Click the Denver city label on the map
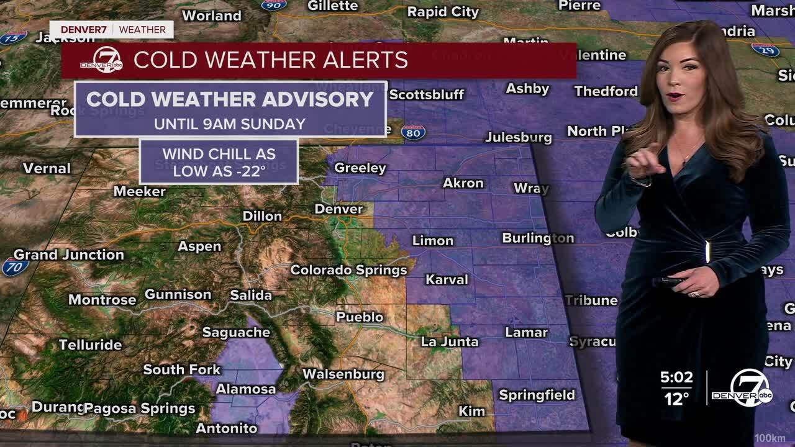click(338, 209)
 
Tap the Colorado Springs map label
click(348, 270)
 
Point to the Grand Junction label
click(68, 255)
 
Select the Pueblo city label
click(360, 317)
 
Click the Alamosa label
click(246, 389)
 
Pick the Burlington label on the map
click(538, 238)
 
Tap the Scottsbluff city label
click(427, 94)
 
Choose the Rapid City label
click(443, 12)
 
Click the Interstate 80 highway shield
click(414, 132)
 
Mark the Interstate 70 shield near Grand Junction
click(15, 267)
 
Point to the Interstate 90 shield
click(274, 6)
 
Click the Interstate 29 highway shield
click(765, 49)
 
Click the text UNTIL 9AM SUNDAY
click(230, 124)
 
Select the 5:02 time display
click(676, 377)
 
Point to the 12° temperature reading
click(677, 399)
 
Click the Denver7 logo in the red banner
click(102, 60)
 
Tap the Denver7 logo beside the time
click(743, 389)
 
